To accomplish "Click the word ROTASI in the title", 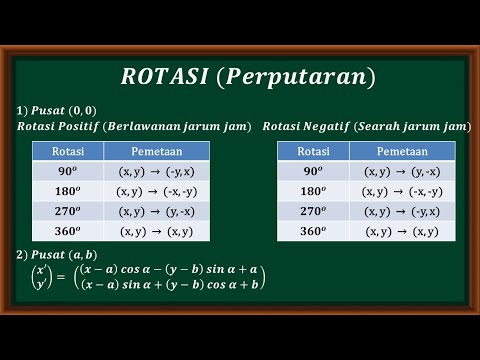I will tap(163, 77).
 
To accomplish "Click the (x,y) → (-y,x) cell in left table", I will tap(156, 171).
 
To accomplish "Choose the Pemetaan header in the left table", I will tap(156, 151).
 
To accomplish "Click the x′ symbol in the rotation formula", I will tap(41, 271).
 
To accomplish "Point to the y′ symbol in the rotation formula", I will tap(41, 285).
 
